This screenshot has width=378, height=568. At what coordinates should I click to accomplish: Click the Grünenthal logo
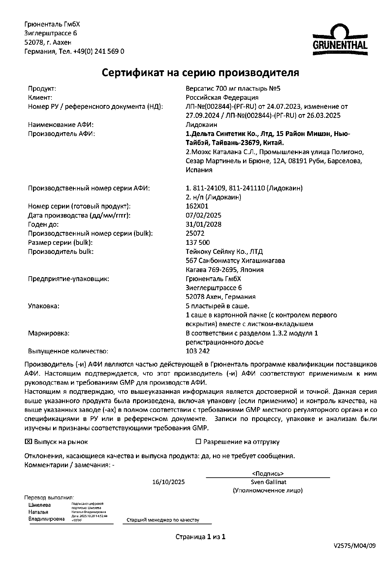click(340, 39)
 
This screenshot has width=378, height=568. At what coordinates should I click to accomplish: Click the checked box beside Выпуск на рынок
click(28, 441)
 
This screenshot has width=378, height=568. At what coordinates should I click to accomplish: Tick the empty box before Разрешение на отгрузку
click(198, 441)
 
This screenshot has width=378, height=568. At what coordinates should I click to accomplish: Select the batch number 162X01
click(197, 206)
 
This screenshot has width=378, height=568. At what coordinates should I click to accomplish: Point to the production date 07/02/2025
click(204, 215)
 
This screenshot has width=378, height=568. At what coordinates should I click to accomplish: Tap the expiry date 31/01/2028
click(204, 224)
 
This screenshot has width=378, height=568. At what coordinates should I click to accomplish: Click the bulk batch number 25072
click(195, 233)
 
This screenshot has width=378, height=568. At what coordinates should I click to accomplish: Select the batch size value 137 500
click(198, 242)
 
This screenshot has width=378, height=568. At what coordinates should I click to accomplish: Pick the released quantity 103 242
click(198, 351)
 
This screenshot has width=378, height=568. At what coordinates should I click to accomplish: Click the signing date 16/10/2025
click(169, 482)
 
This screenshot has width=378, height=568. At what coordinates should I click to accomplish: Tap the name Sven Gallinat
click(268, 482)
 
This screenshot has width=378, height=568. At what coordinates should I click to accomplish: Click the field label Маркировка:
click(49, 333)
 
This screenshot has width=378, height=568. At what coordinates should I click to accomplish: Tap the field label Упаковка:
click(44, 306)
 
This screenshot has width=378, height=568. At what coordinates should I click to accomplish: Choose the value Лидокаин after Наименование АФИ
click(201, 125)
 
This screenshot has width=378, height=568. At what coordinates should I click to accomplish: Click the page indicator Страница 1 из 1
click(200, 537)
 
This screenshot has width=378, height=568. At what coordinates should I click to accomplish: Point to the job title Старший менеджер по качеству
click(162, 520)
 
